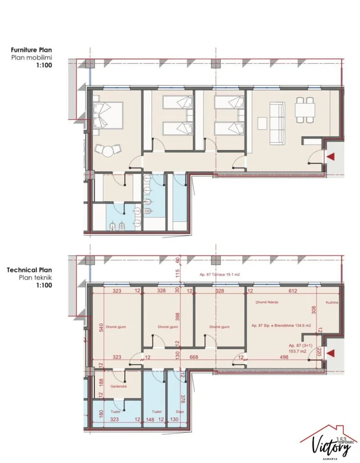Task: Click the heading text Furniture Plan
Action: (32, 50)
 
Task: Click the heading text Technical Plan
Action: (29, 270)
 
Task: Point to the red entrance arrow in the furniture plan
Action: (331, 156)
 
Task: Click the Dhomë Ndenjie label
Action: (267, 302)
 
